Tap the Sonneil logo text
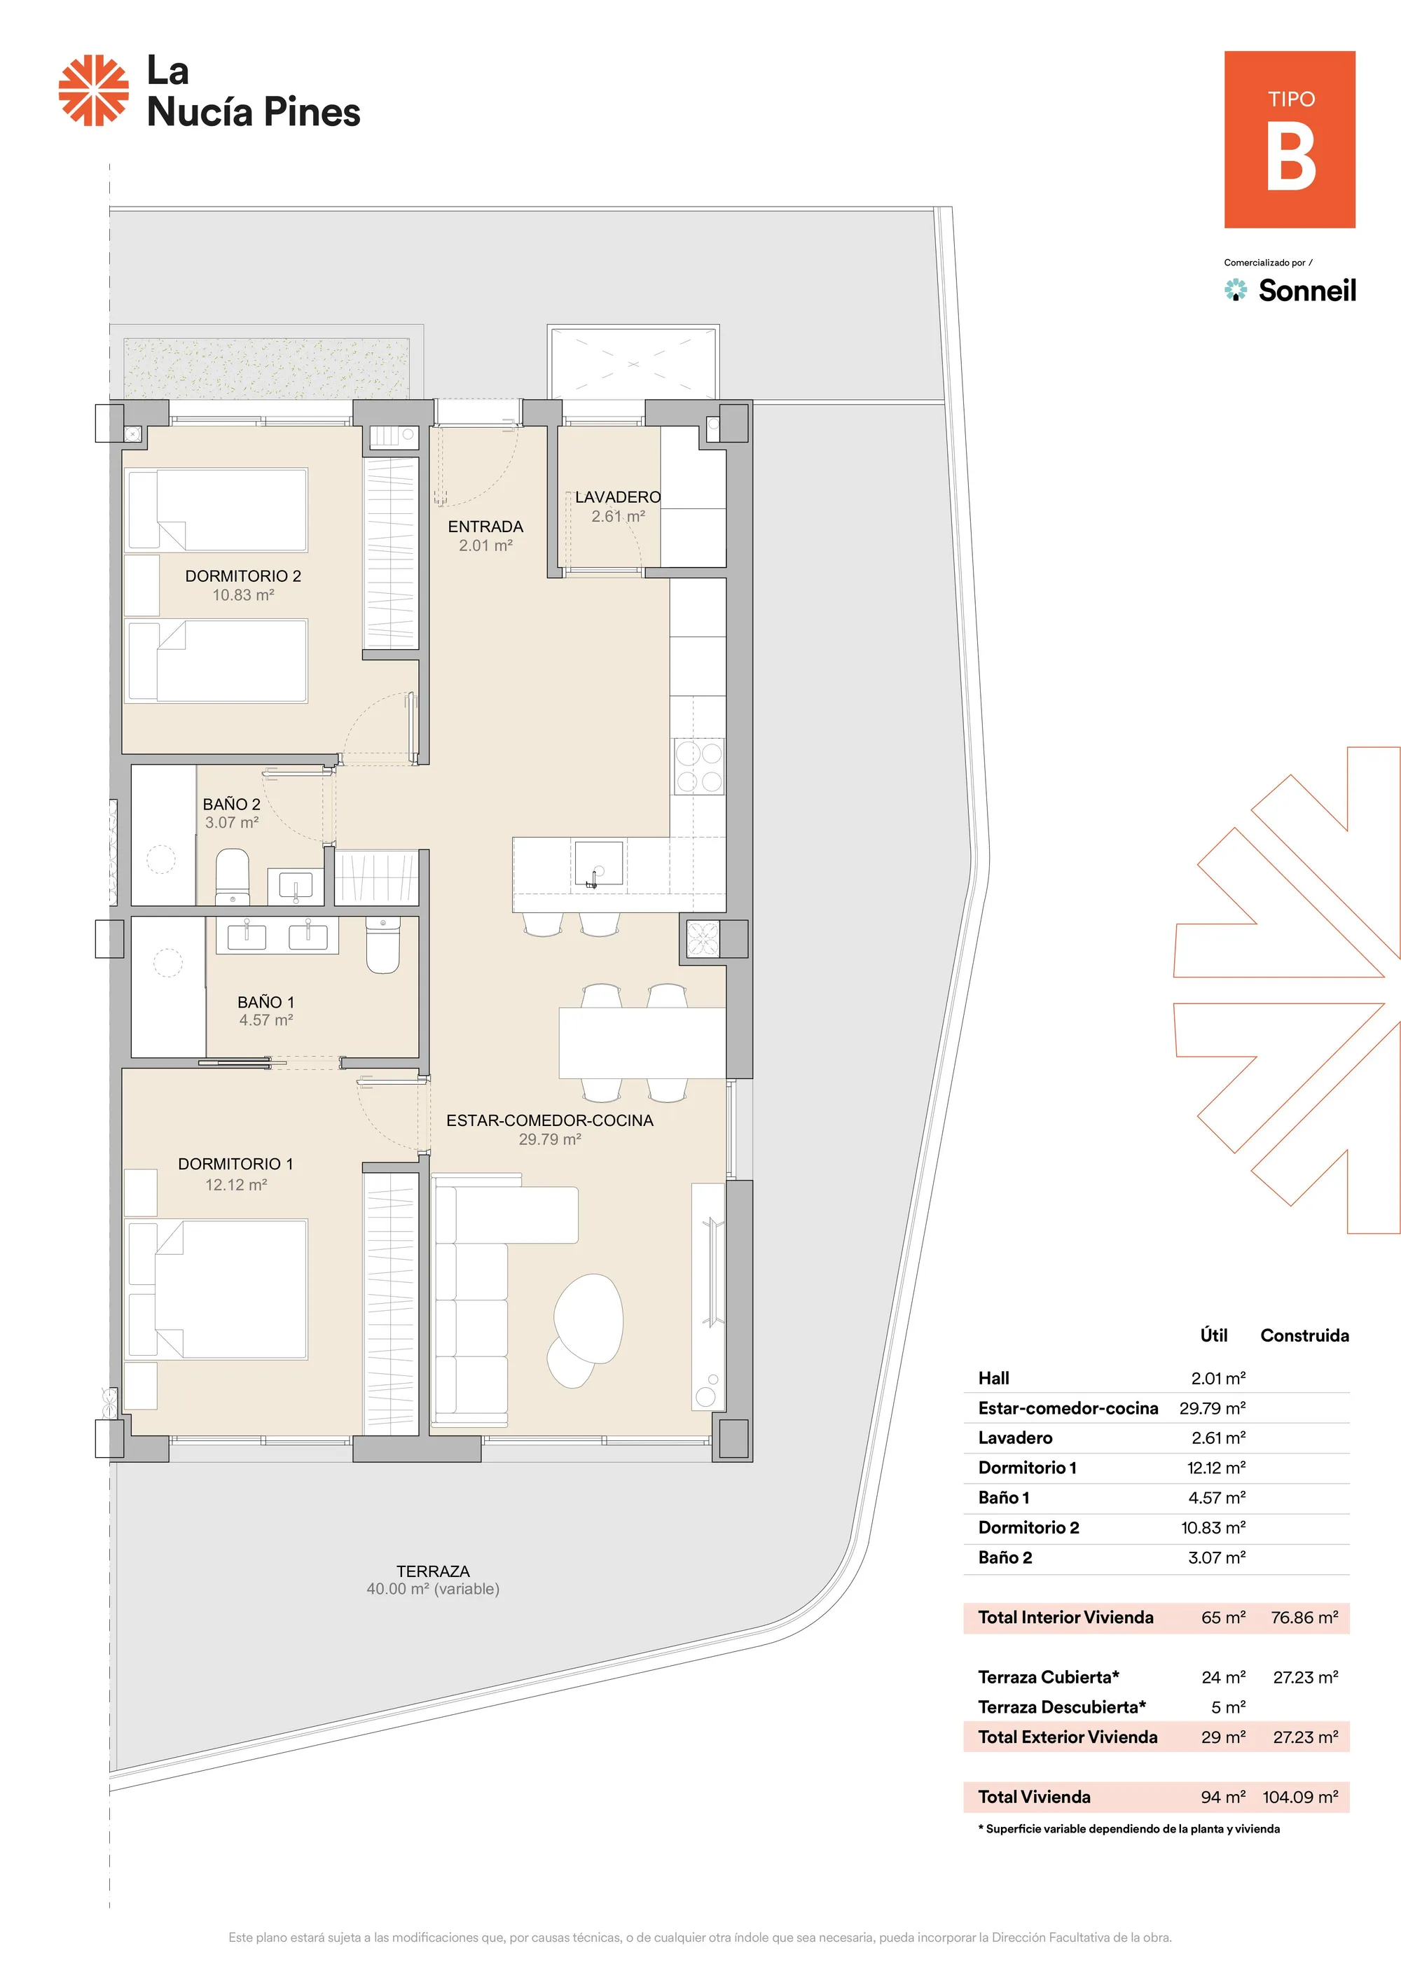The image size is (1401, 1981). tap(1307, 290)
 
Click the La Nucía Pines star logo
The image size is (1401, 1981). tap(93, 90)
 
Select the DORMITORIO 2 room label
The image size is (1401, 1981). tap(244, 576)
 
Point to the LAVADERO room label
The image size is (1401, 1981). tap(618, 497)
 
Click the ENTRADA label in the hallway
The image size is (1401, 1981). tap(485, 527)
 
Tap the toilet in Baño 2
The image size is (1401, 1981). tap(232, 877)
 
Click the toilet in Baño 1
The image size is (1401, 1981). tap(383, 945)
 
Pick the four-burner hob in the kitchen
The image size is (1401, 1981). tap(698, 766)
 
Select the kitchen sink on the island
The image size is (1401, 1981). tap(599, 863)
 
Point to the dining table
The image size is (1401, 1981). tap(642, 1043)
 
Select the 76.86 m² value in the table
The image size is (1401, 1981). tap(1304, 1618)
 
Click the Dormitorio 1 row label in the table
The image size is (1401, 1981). tap(1027, 1468)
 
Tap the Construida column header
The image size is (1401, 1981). tap(1304, 1335)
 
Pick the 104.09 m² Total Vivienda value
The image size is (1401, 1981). tap(1300, 1798)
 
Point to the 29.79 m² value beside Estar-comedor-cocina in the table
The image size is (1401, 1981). tap(1213, 1408)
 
